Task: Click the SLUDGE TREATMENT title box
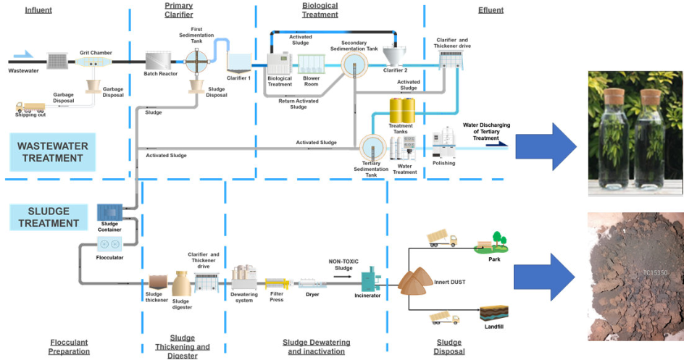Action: coord(48,217)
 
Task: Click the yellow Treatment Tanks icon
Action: coord(401,110)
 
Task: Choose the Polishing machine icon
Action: coord(443,145)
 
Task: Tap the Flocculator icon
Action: coord(109,245)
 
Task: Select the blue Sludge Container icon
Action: coord(109,212)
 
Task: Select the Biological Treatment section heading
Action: coord(320,10)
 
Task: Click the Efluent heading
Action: coord(491,10)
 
